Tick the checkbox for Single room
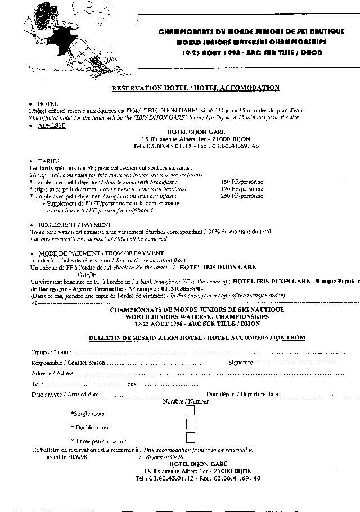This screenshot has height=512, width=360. click(x=190, y=412)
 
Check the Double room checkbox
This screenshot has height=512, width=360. click(x=190, y=425)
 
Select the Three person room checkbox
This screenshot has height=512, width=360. click(x=190, y=438)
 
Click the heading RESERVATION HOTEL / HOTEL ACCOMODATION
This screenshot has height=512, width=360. click(x=196, y=88)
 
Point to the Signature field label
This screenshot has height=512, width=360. click(x=241, y=363)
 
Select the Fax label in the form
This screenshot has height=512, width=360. click(x=132, y=384)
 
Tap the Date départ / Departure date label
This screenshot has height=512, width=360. click(x=243, y=395)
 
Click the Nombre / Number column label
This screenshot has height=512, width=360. click(x=186, y=401)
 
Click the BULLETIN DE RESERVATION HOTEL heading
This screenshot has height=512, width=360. click(x=197, y=337)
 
